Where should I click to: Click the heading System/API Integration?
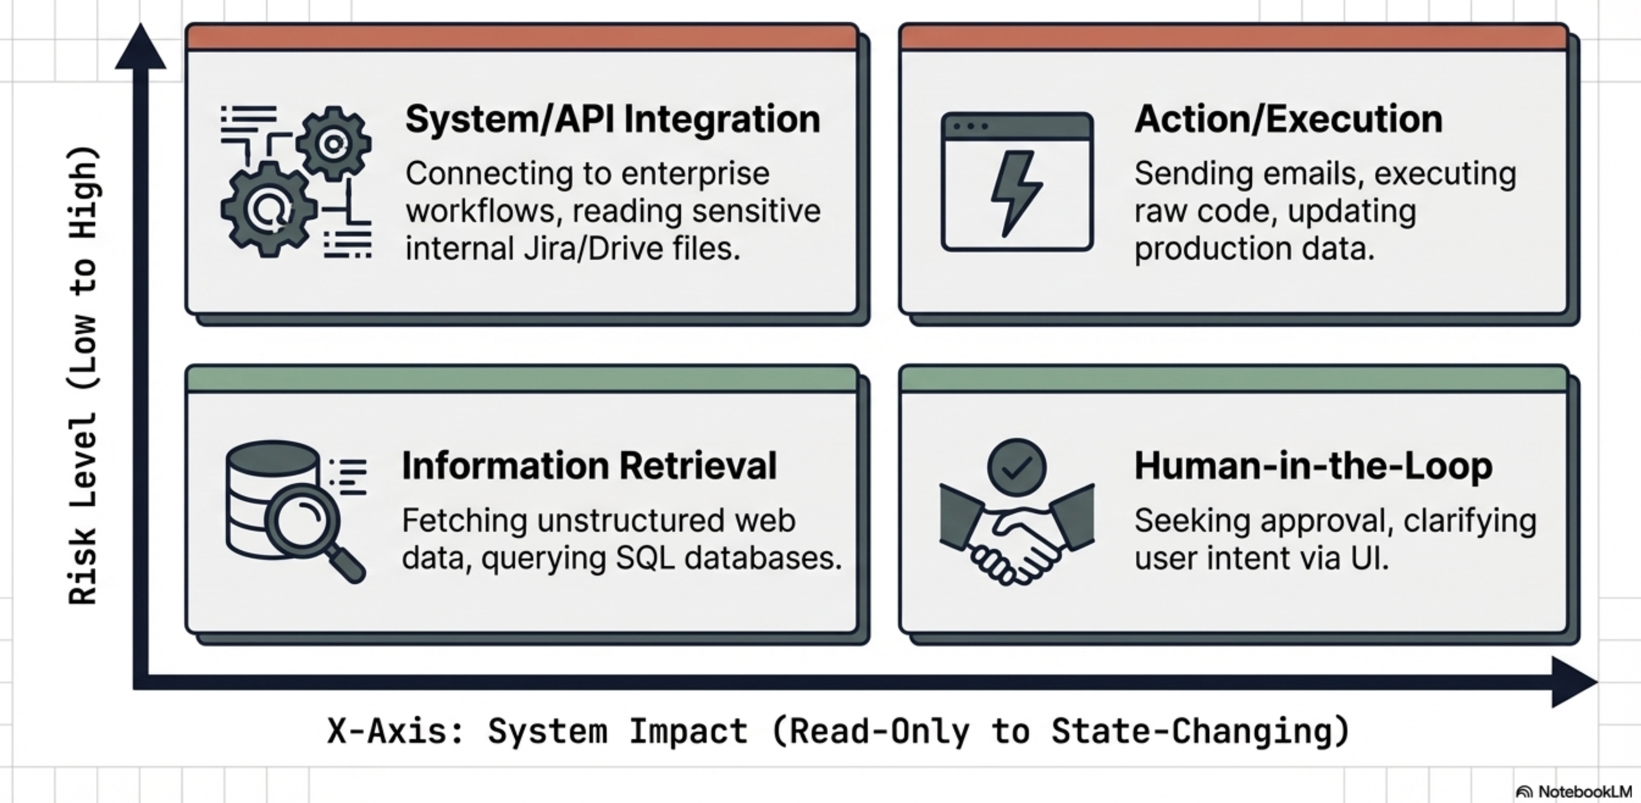613,119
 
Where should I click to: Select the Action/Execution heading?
1289,119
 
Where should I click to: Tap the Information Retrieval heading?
589,466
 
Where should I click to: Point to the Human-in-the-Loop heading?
1314,466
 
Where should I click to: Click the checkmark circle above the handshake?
1017,467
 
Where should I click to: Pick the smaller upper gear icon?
333,144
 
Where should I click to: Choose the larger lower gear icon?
269,209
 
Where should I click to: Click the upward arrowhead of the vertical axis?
141,47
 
